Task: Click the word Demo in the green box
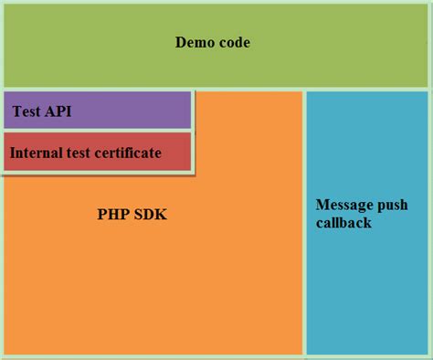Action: coord(194,43)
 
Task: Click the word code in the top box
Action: coord(233,43)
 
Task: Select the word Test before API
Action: coord(26,112)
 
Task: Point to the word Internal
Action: coord(37,153)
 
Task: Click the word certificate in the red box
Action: coord(127,153)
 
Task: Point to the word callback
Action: coord(343,223)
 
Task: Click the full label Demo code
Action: coord(212,43)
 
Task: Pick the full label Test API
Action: coord(41,112)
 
